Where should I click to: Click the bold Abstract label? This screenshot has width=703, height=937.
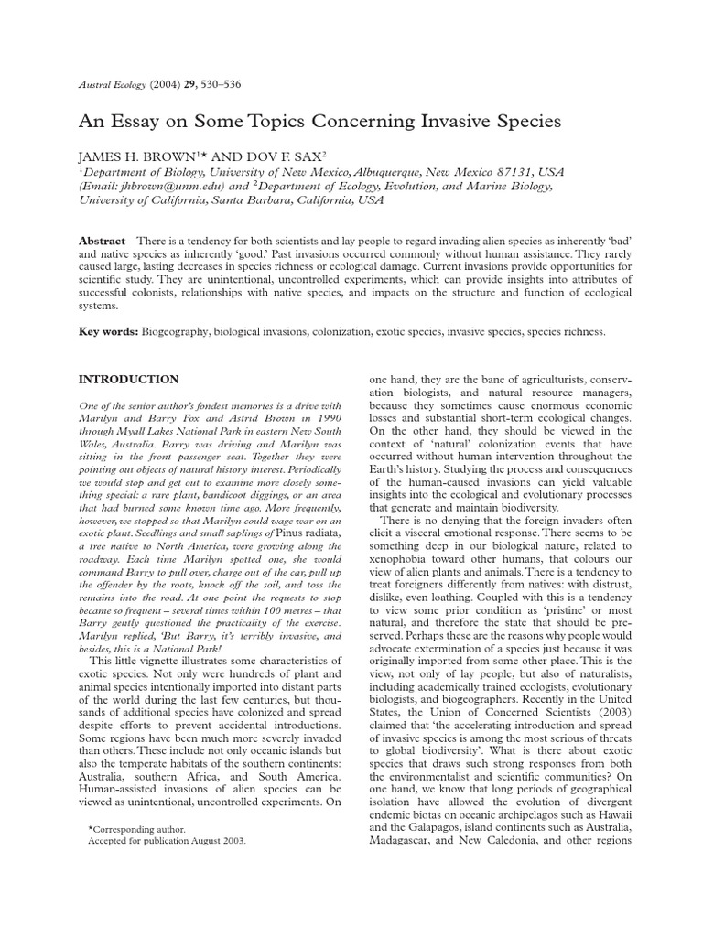point(103,240)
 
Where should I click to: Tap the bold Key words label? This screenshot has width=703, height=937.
point(107,332)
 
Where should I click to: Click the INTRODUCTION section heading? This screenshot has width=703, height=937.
point(128,379)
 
